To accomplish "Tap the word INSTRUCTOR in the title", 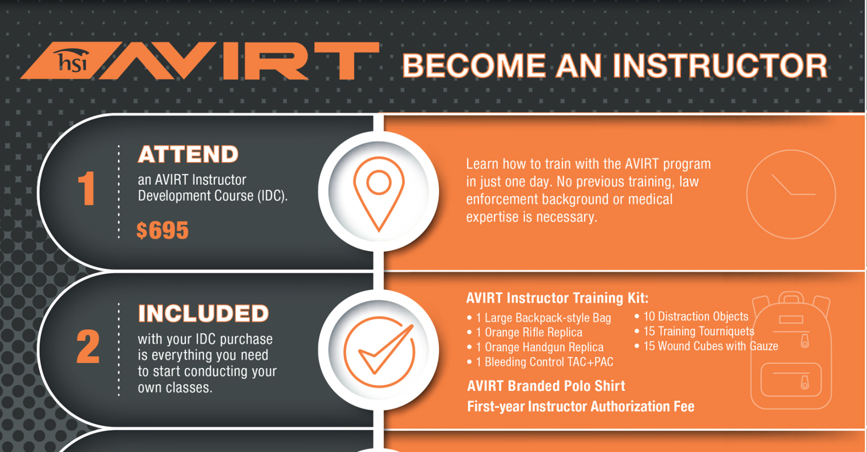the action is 720,66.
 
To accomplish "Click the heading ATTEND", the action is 188,154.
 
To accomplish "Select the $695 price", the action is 163,230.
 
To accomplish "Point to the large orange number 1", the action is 86,189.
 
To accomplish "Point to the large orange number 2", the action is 88,346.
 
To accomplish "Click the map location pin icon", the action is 379,193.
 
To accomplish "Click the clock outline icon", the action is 791,194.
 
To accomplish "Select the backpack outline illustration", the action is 791,350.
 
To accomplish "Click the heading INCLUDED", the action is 203,313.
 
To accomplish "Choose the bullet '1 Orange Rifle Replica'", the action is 525,332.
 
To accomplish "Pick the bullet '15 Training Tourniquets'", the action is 694,331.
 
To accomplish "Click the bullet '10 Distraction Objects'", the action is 691,317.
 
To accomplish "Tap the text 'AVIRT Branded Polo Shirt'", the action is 546,386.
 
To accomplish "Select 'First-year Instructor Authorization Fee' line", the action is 580,406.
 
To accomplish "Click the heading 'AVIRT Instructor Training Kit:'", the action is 558,298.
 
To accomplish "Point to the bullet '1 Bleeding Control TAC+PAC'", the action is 540,362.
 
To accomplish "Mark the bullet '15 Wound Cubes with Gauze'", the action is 707,346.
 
